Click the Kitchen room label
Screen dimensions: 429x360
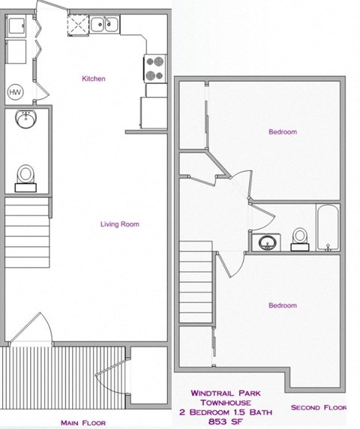tap(93, 79)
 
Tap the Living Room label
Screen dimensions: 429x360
tap(120, 223)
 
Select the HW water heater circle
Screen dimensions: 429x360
tap(15, 91)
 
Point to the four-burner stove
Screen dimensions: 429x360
tap(154, 67)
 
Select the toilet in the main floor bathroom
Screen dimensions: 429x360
tap(26, 174)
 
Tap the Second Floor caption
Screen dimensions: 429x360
tap(319, 409)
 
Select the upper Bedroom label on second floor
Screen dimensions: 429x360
tap(283, 132)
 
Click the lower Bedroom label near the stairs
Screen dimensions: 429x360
tap(282, 305)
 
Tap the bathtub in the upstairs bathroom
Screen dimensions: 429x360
tap(328, 226)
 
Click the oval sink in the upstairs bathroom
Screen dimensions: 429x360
tap(266, 242)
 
